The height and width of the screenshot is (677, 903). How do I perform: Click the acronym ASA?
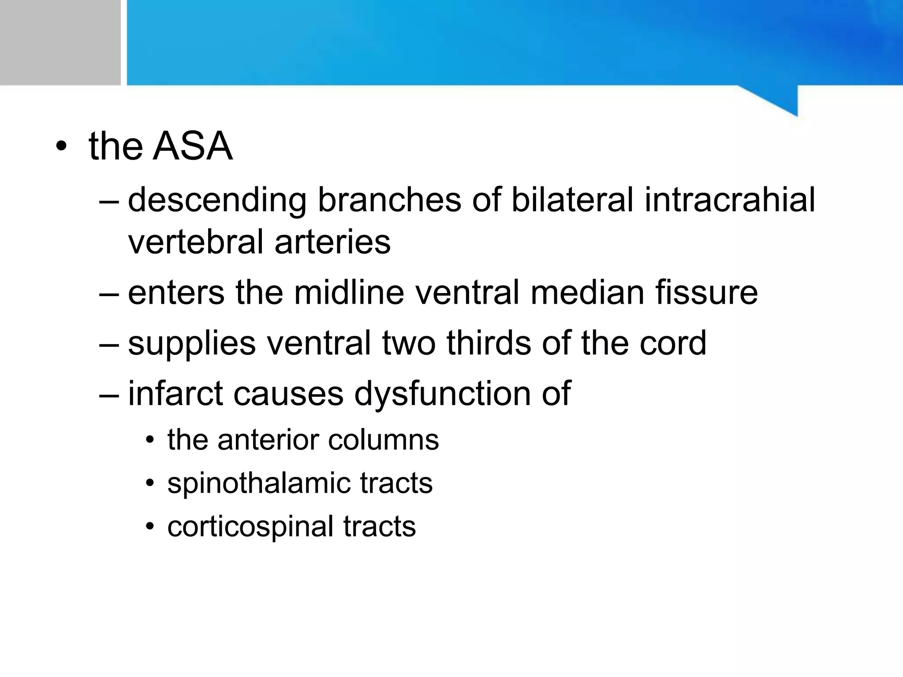(x=192, y=146)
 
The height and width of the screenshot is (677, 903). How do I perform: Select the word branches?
(x=389, y=199)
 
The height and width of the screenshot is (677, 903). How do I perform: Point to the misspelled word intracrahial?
(x=730, y=199)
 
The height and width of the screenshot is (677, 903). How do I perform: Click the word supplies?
(x=192, y=344)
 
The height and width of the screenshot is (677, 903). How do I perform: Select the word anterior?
(x=268, y=440)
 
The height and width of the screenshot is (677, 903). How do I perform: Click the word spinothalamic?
(x=258, y=484)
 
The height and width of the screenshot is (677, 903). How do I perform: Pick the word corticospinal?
(x=250, y=527)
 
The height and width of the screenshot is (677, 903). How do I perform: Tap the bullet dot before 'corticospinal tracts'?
(x=150, y=527)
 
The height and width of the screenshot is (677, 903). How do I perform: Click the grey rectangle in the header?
(x=60, y=42)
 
